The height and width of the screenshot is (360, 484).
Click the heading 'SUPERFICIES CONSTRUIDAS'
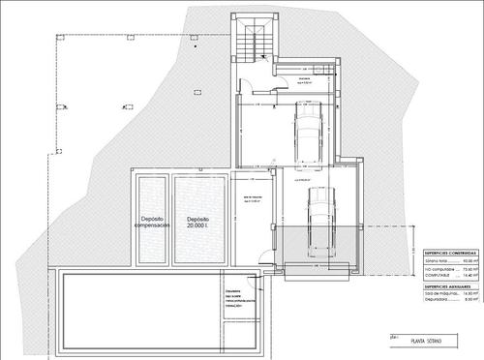click(x=448, y=250)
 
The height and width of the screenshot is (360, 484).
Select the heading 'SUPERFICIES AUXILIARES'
click(x=448, y=287)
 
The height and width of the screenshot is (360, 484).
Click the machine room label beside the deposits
click(x=253, y=200)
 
